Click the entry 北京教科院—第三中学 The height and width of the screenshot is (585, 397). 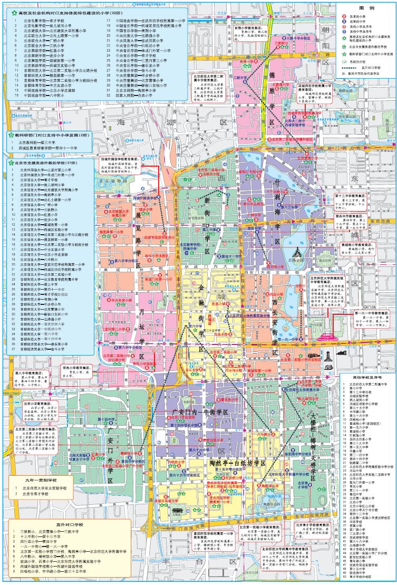[37, 142]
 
